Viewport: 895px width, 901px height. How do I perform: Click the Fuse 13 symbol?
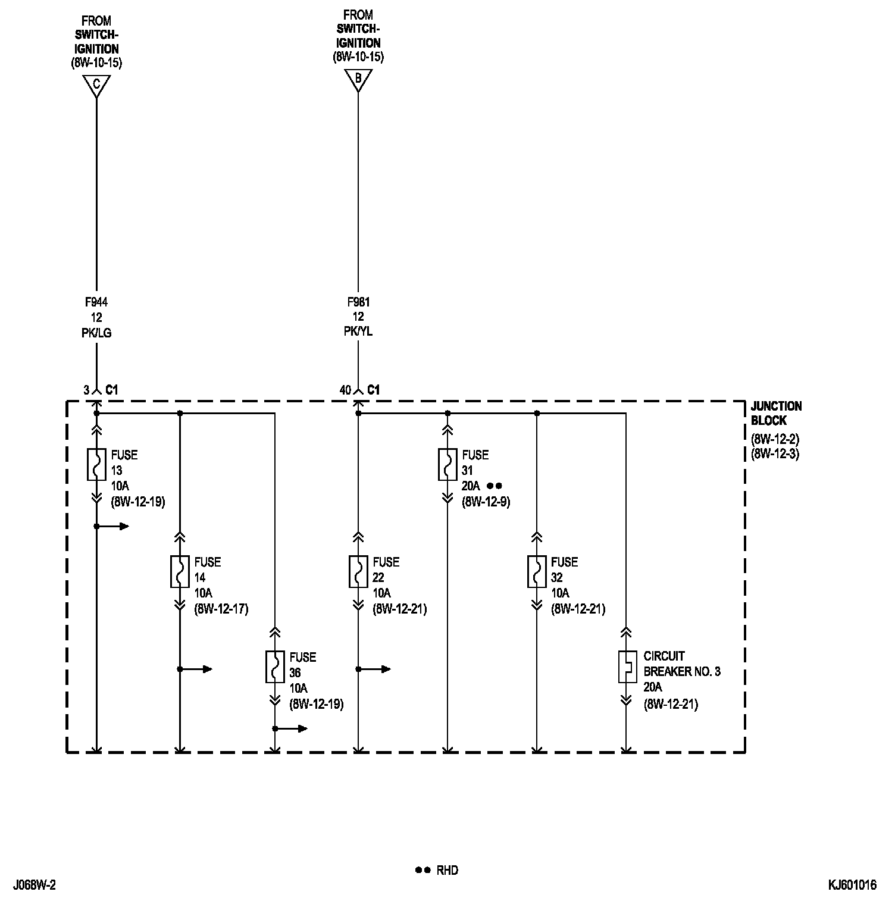(x=96, y=464)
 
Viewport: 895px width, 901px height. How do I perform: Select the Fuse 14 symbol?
(x=180, y=571)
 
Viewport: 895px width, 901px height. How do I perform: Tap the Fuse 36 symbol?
(x=275, y=667)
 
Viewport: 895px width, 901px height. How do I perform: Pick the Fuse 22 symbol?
(x=358, y=571)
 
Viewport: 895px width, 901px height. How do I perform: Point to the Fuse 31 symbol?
(x=447, y=464)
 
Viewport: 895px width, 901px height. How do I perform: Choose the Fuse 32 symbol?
(x=537, y=571)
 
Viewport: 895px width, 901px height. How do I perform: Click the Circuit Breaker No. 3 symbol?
(x=626, y=667)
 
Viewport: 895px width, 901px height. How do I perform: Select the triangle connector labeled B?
(x=358, y=79)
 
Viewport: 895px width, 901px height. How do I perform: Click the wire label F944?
(x=96, y=302)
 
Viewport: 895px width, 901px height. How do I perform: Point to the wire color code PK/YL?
(x=358, y=331)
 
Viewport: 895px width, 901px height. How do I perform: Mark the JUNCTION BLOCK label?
(x=776, y=413)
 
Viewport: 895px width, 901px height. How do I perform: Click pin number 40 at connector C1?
(x=345, y=390)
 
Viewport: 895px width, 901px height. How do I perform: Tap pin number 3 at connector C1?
(x=86, y=390)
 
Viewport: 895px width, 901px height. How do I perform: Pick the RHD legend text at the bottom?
(x=447, y=870)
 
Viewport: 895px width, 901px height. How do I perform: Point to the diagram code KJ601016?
(x=852, y=885)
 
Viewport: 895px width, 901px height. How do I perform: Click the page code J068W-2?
(x=33, y=885)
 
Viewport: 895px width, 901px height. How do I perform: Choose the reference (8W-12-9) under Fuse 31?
(x=486, y=502)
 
